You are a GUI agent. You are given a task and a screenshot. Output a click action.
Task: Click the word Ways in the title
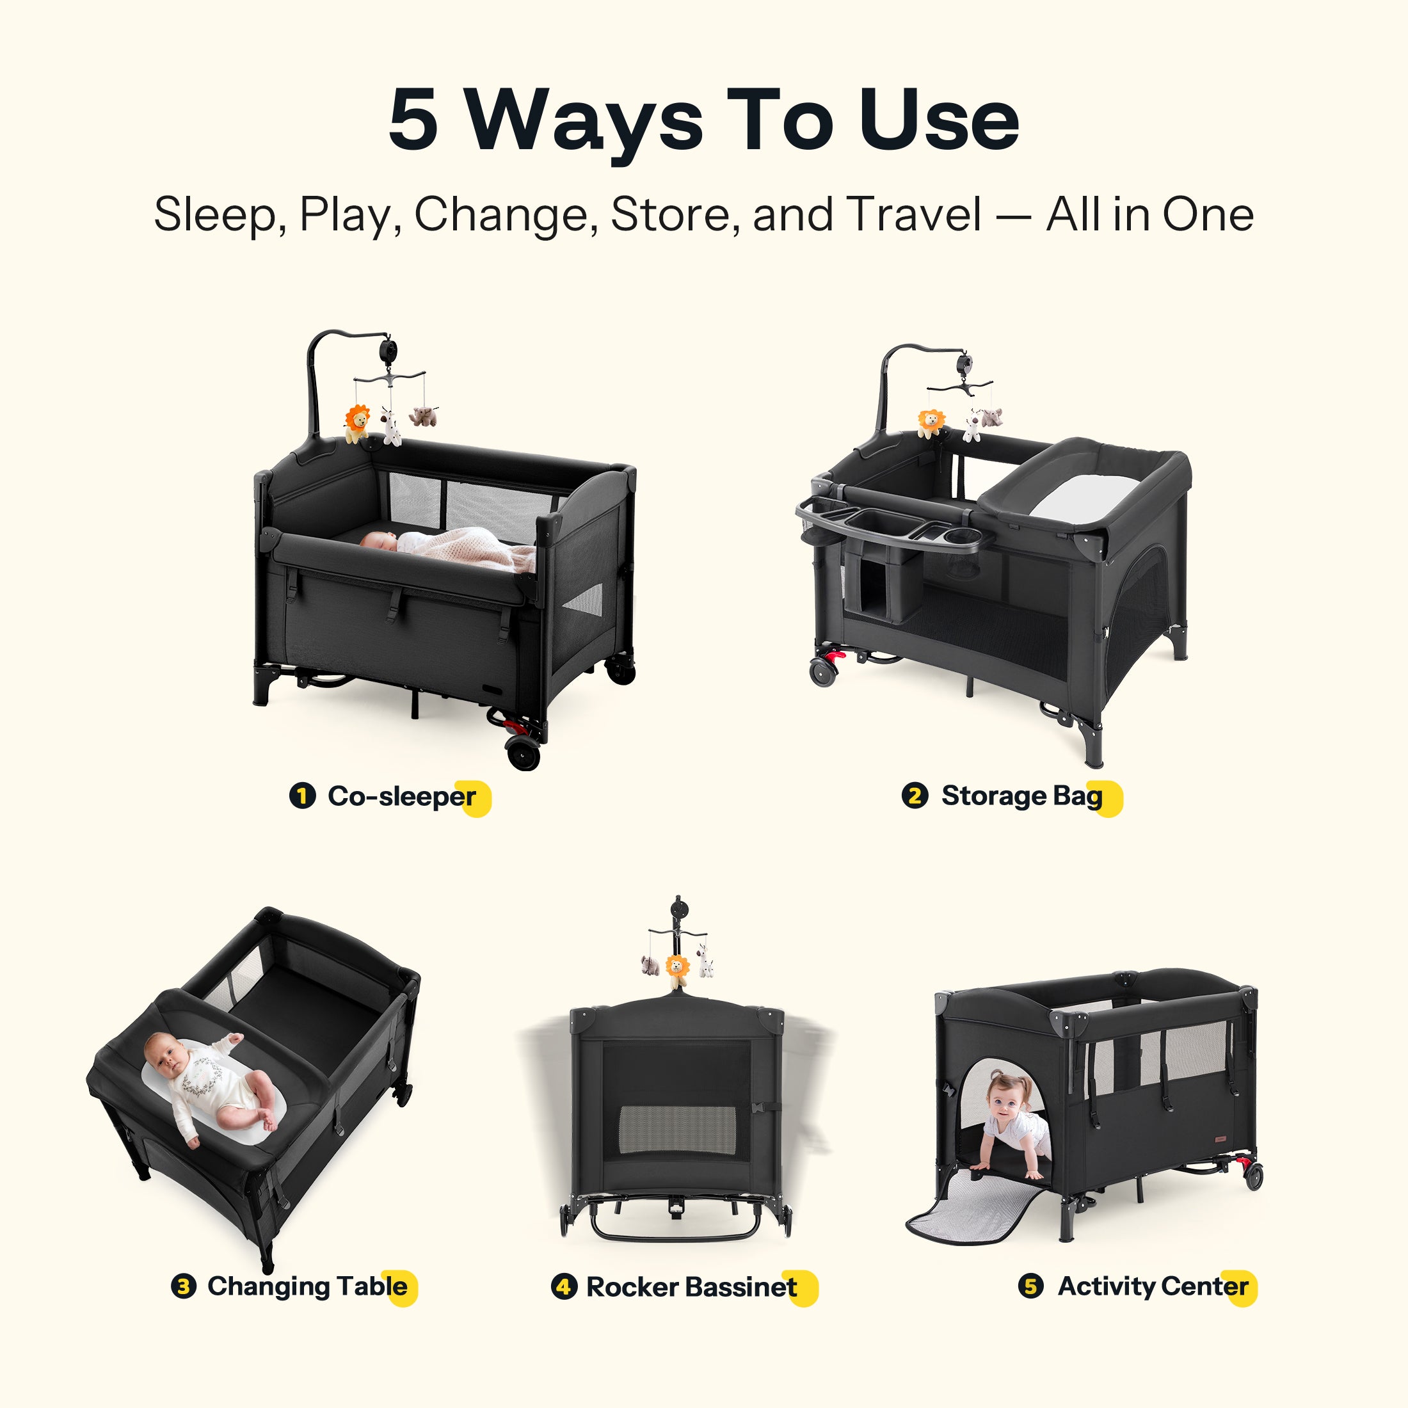click(x=584, y=121)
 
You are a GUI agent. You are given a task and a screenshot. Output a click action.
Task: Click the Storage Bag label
click(x=1021, y=796)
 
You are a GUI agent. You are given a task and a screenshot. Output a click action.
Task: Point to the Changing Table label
click(x=308, y=1286)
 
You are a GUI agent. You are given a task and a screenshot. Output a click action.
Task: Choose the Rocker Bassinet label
click(x=692, y=1287)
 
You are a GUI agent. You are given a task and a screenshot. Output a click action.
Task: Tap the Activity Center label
click(x=1153, y=1286)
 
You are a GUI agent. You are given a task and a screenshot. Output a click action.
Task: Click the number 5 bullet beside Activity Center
click(x=1030, y=1286)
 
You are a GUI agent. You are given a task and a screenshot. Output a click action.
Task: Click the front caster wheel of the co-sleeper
click(x=524, y=753)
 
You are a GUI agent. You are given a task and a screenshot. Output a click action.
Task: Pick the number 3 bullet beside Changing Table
click(x=184, y=1286)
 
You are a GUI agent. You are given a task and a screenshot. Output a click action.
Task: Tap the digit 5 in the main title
click(x=414, y=120)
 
